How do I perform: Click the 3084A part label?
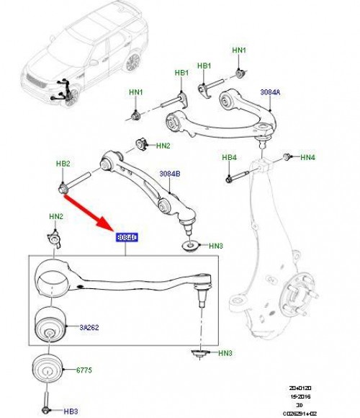pyautogui.click(x=271, y=92)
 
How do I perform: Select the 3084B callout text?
pyautogui.click(x=170, y=174)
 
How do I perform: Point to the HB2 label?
pyautogui.click(x=63, y=164)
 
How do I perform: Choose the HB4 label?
pyautogui.click(x=230, y=157)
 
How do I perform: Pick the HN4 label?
pyautogui.click(x=308, y=156)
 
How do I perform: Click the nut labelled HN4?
pyautogui.click(x=288, y=156)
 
